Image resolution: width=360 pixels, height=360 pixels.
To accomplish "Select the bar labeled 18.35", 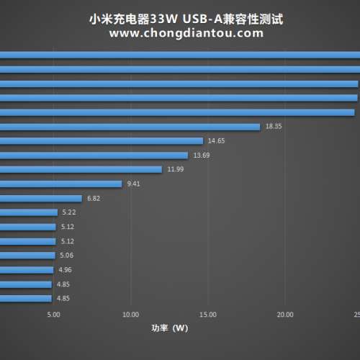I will tap(130, 127).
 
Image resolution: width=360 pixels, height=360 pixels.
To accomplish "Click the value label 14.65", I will tap(216, 140).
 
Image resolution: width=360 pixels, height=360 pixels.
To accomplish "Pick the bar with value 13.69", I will tap(94, 156).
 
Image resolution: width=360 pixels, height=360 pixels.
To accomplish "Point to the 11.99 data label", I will tap(176, 169).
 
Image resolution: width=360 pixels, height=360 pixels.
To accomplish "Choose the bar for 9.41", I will tap(61, 184).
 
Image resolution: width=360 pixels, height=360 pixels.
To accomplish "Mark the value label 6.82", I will tap(94, 198).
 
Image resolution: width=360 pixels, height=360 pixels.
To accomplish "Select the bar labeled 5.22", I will tap(29, 212).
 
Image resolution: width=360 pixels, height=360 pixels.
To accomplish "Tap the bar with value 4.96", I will tap(27, 270).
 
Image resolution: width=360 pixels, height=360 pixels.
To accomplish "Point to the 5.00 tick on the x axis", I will tap(53, 315).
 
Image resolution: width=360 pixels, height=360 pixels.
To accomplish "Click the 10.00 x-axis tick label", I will tap(130, 315).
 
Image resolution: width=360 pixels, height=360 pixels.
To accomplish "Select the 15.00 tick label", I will tap(208, 315).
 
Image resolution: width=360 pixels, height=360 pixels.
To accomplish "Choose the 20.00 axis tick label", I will tap(285, 315).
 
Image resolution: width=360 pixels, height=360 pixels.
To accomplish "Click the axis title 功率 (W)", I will tap(169, 328).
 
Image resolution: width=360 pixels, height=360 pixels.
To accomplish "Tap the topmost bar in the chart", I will tap(180, 55).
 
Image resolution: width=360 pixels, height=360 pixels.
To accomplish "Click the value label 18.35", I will tap(274, 126).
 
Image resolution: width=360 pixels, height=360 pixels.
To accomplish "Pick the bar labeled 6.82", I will tap(40, 198).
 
